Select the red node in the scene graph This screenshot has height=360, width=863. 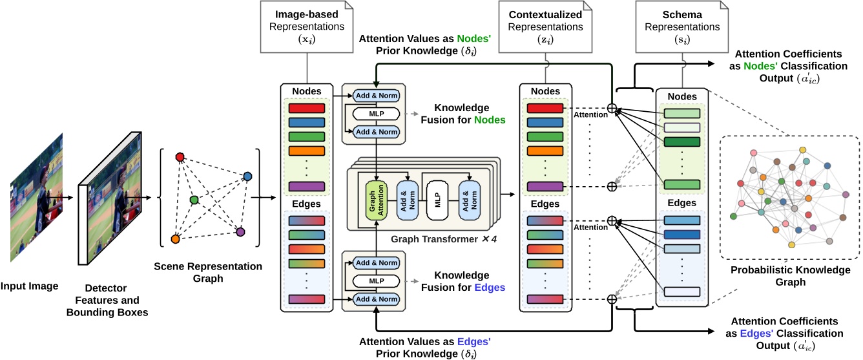180,157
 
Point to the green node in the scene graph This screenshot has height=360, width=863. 194,200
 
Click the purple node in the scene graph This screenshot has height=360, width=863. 240,231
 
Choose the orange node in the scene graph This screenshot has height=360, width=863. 174,239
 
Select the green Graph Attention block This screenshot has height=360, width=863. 375,200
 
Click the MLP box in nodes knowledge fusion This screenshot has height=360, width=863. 375,114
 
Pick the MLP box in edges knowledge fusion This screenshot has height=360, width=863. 375,281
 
